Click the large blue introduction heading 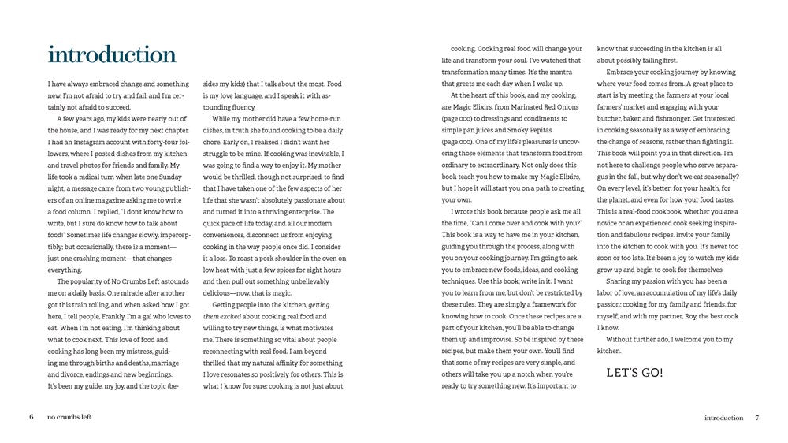[111, 55]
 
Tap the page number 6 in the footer [31, 417]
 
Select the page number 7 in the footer [756, 418]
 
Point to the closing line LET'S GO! [635, 372]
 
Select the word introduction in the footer [723, 418]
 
